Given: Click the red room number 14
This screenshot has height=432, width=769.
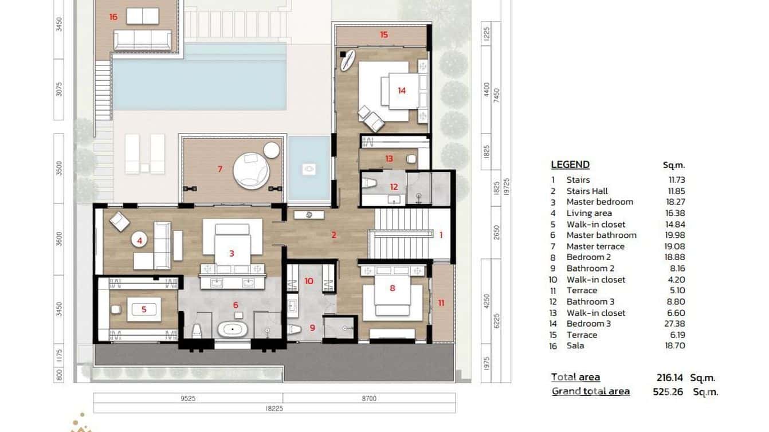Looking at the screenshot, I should tap(402, 91).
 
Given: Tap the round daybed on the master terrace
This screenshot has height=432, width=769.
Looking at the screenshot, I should tap(249, 169).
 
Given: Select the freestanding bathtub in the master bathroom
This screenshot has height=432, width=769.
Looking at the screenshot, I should tap(233, 329).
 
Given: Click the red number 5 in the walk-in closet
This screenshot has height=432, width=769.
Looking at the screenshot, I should tap(144, 309).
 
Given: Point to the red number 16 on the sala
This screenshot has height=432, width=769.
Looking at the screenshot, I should tap(113, 17).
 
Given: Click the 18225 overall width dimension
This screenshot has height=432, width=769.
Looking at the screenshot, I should tap(274, 409).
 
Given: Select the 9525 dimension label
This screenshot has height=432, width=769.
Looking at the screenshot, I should tap(187, 398).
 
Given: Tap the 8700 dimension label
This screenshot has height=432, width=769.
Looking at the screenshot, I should tap(369, 398).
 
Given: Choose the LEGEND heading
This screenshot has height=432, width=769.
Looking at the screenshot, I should tap(570, 165).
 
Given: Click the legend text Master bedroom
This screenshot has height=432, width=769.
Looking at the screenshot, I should tap(599, 202).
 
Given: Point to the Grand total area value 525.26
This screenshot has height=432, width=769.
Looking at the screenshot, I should tap(668, 392).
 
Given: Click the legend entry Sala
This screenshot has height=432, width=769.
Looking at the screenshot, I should tap(575, 345).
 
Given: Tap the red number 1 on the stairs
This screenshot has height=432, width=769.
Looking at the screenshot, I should tap(441, 234).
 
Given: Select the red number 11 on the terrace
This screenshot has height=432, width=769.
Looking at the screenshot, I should tap(441, 303).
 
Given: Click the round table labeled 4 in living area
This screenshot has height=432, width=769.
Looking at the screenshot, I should tap(139, 241).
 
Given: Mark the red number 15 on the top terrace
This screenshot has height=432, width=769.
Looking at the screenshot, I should tap(384, 35).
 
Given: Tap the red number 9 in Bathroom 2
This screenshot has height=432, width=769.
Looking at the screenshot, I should tap(312, 328).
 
